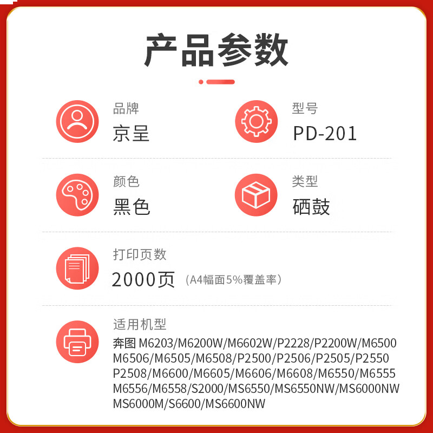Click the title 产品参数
tap(216, 50)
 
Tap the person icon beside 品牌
tap(77, 122)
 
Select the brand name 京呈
tap(131, 133)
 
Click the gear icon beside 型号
tap(256, 122)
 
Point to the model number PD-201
tap(325, 134)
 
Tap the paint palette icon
tap(77, 195)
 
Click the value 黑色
tap(131, 207)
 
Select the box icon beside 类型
tap(256, 195)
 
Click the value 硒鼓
tap(311, 207)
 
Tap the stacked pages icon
tap(77, 268)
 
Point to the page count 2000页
tap(143, 279)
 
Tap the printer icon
tap(77, 342)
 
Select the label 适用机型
tap(140, 324)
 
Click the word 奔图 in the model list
tap(124, 343)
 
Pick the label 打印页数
tap(140, 254)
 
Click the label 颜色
tap(126, 181)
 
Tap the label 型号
tap(305, 108)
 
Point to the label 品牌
tap(126, 108)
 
